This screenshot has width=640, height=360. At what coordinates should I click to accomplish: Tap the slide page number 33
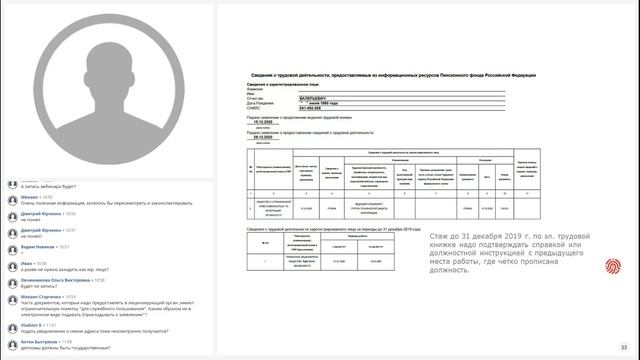tap(623, 347)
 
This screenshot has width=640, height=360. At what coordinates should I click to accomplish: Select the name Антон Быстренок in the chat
tap(40, 342)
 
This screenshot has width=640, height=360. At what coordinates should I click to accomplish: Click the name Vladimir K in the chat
tap(33, 324)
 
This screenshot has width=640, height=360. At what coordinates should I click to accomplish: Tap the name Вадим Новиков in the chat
tap(38, 246)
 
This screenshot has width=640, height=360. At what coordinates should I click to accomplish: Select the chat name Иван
tap(27, 263)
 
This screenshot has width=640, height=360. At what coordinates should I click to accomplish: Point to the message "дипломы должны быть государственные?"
tap(59, 350)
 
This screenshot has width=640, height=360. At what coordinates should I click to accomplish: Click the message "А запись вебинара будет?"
tap(45, 187)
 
